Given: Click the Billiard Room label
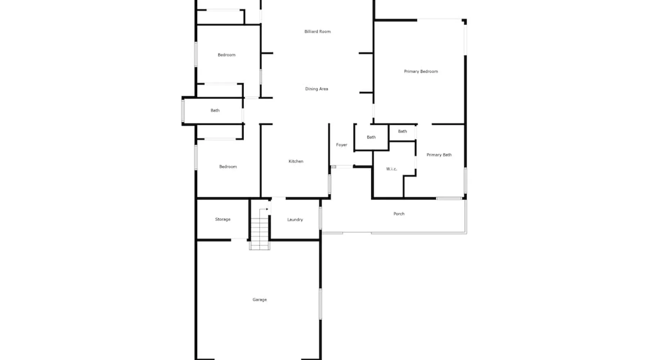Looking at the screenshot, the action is point(318,32).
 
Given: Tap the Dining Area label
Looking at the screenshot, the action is point(316,89).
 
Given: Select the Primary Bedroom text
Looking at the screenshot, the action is point(421,71).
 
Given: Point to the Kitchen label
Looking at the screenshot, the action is point(296,161).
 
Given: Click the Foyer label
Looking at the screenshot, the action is point(342,145).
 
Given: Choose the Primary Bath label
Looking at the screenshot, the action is point(439,155).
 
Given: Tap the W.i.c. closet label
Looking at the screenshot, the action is point(391,169).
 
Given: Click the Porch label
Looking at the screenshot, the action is point(399,214).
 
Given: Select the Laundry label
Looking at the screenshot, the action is point(295,220).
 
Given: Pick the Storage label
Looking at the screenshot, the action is point(222,219).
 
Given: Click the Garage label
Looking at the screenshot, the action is point(260,300).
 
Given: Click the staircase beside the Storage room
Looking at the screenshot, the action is point(260,234).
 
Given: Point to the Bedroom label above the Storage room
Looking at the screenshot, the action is point(228,167).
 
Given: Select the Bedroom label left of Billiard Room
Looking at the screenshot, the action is point(226,55).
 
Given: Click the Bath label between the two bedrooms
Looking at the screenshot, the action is point(215,111).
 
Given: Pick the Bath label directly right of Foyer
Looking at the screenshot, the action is point(371,137).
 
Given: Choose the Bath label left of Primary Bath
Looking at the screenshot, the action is point(402,131).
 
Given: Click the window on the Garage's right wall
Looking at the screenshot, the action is point(320,303).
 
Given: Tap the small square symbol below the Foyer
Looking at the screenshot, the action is point(334,167).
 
